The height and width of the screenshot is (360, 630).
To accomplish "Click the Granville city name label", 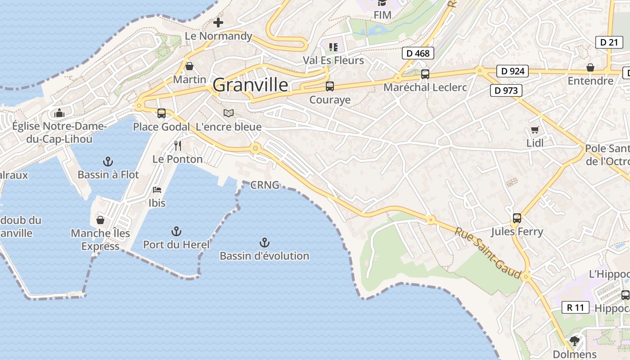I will [x=250, y=85].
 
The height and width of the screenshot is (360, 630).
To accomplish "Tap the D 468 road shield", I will [x=418, y=53].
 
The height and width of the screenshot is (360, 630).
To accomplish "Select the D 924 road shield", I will [x=513, y=71].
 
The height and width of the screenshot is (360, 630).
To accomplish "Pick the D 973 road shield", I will [x=506, y=90].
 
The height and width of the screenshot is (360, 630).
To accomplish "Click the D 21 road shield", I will [x=609, y=42].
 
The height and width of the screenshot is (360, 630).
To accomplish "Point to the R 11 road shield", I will [x=576, y=308].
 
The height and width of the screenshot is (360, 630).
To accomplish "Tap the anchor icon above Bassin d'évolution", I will [x=265, y=243].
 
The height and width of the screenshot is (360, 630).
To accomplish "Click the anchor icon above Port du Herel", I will [x=176, y=232].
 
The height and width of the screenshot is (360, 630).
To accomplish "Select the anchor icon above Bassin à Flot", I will [x=108, y=162].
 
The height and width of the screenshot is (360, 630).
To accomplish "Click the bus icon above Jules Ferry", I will [x=517, y=218].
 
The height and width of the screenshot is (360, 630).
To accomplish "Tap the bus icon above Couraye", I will [x=330, y=86].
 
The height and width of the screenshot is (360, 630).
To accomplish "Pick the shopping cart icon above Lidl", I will [x=535, y=130].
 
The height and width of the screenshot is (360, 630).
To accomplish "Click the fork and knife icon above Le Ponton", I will [x=178, y=146].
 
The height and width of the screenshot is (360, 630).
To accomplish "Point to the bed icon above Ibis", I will [x=157, y=190].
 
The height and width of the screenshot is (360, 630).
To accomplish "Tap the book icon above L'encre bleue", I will [x=229, y=113].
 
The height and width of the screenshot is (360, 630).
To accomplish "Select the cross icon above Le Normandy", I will [x=218, y=22].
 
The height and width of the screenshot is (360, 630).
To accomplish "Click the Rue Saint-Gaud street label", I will [x=488, y=253].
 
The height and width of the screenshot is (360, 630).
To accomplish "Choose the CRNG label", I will [x=265, y=184].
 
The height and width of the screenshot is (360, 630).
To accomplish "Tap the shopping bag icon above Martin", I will [x=189, y=67].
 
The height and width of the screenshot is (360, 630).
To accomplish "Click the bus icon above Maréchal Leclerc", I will [x=425, y=74].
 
